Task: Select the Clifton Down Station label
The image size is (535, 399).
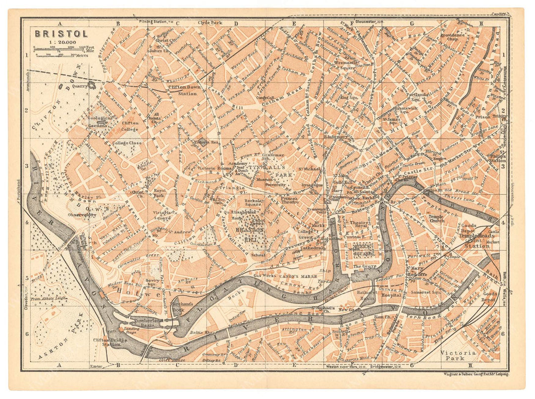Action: pyautogui.click(x=183, y=91)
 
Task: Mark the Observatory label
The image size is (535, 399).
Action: pyautogui.click(x=82, y=215)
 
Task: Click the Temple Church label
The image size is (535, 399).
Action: pyautogui.click(x=436, y=220)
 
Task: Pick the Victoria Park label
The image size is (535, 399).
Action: pyautogui.click(x=458, y=355)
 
